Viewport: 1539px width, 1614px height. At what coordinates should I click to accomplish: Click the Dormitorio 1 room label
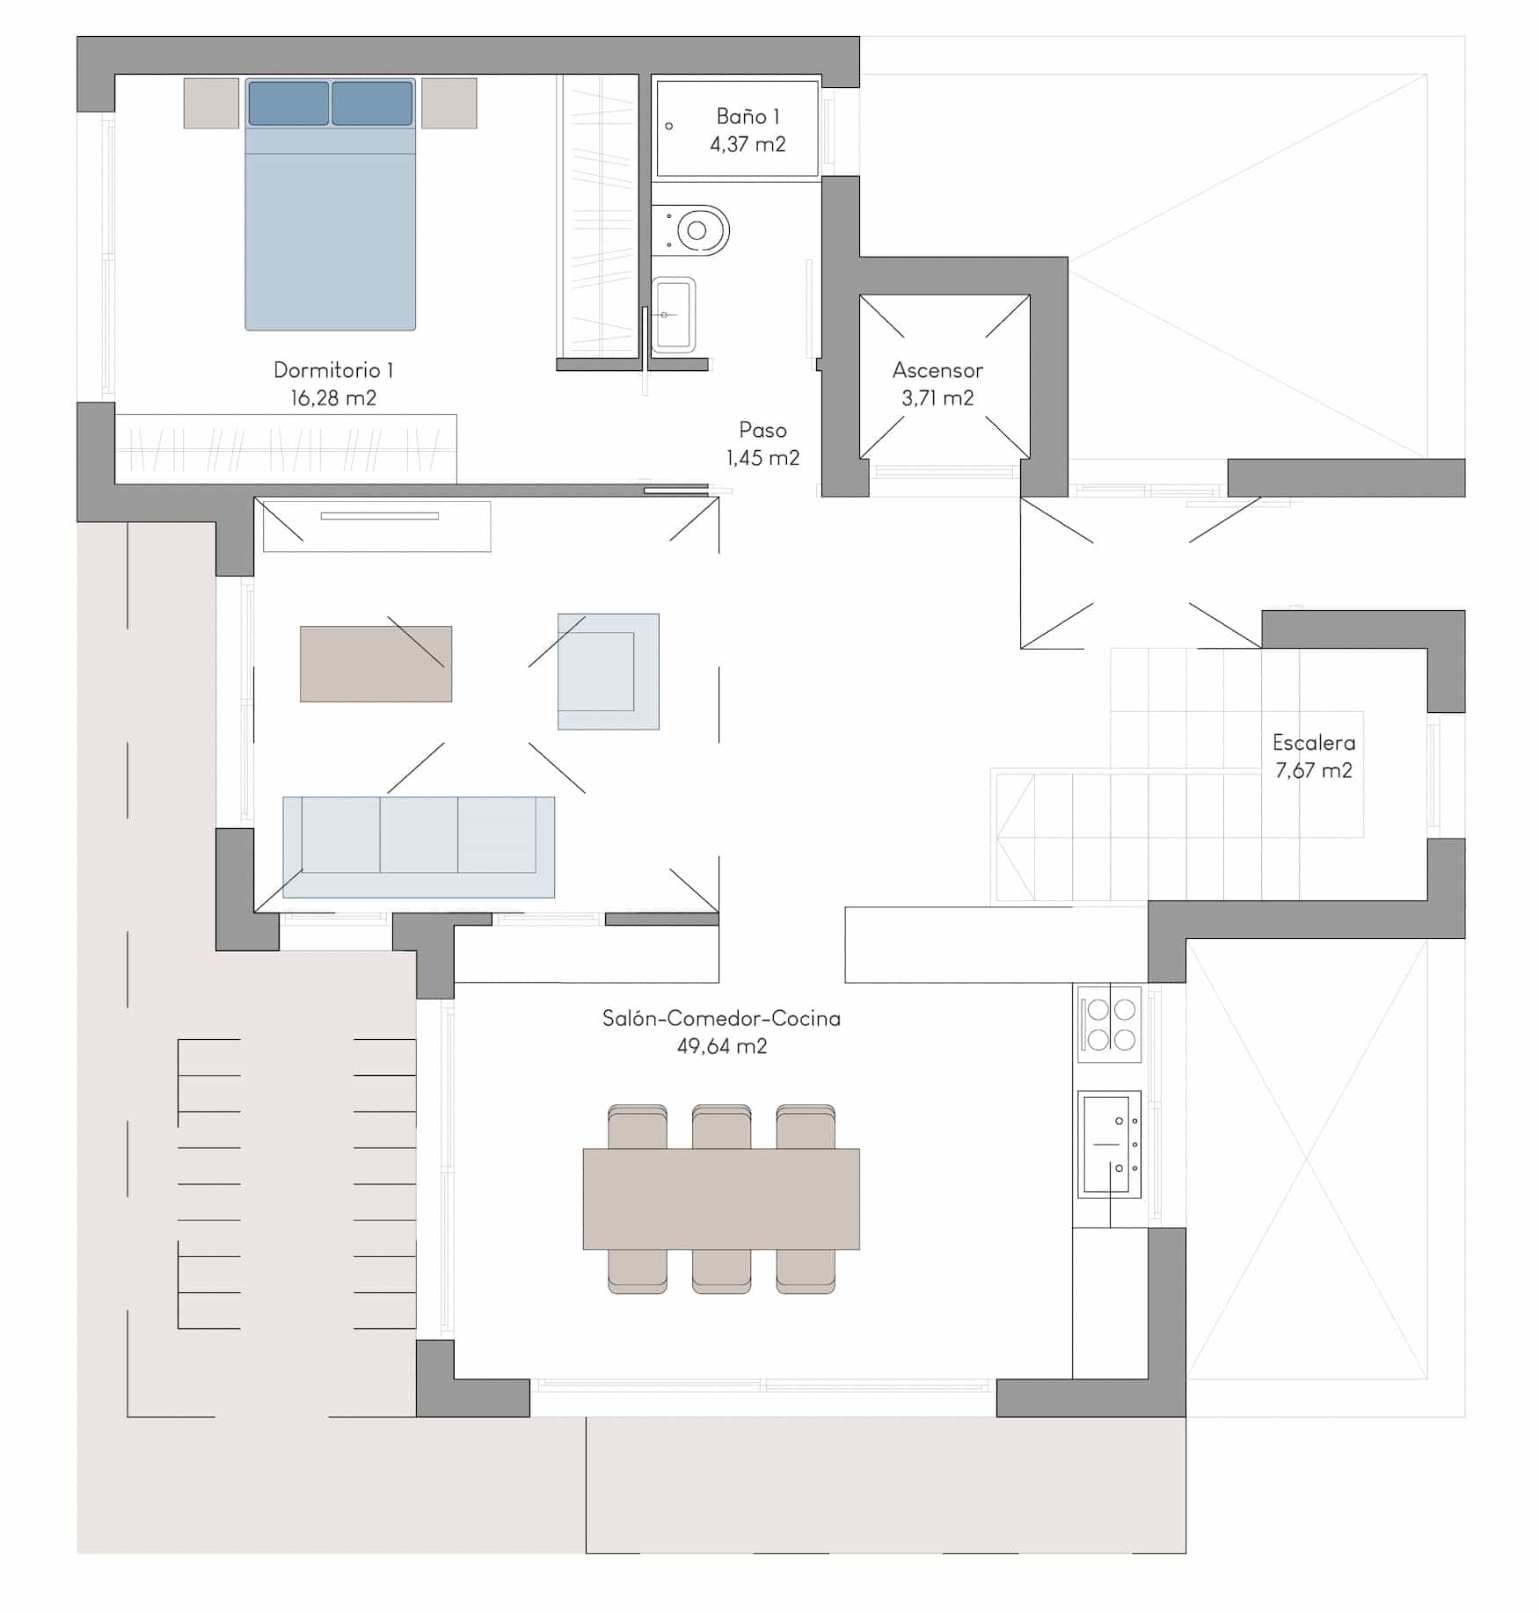click(333, 370)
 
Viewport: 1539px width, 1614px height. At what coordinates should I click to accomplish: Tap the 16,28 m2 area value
click(333, 398)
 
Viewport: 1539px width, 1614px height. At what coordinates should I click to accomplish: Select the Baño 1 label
click(748, 116)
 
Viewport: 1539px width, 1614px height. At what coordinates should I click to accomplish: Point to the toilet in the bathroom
click(691, 230)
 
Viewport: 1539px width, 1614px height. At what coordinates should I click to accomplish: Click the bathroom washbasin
click(674, 315)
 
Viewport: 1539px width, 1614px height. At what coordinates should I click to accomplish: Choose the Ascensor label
click(937, 370)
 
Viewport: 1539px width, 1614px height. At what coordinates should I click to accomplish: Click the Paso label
click(762, 430)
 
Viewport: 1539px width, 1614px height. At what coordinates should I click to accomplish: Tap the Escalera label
click(1314, 743)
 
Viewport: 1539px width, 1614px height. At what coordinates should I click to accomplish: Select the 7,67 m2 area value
click(1314, 771)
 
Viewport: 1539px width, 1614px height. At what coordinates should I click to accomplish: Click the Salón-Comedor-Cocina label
click(721, 1018)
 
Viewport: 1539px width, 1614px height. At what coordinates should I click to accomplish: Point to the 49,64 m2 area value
click(721, 1046)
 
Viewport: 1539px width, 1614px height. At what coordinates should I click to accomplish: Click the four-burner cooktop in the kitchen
click(1111, 1024)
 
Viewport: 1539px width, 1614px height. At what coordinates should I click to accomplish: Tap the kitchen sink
click(1110, 1145)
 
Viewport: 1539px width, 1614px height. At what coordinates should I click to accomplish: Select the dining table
click(721, 1199)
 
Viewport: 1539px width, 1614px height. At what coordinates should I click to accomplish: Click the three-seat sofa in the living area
click(419, 847)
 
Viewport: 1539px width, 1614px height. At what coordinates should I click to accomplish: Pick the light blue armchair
click(609, 672)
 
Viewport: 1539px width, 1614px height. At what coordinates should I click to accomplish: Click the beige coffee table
click(376, 664)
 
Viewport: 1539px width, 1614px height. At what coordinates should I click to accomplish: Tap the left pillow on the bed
click(288, 103)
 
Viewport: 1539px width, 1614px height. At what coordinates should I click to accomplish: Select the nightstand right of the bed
click(449, 103)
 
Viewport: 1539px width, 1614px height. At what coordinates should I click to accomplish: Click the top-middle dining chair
click(721, 1127)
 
